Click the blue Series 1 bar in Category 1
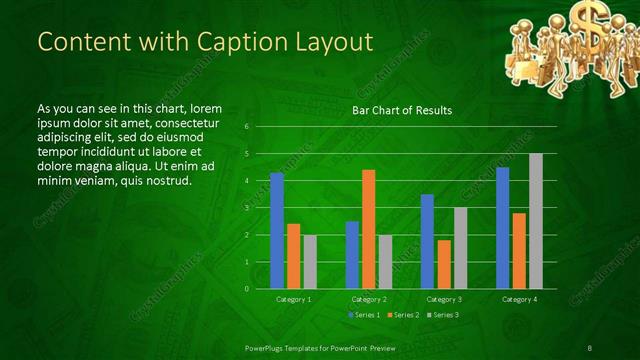[277, 231]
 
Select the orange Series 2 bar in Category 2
[368, 229]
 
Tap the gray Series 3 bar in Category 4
[536, 221]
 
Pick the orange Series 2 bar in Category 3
[444, 264]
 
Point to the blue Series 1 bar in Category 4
[503, 228]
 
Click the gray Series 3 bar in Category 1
[310, 262]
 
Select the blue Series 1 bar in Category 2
[352, 255]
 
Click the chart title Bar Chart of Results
[402, 110]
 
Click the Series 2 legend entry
[402, 315]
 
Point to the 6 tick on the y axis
[247, 127]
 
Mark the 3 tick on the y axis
[247, 208]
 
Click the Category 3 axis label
[444, 299]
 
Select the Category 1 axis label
[294, 299]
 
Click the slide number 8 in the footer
[591, 347]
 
